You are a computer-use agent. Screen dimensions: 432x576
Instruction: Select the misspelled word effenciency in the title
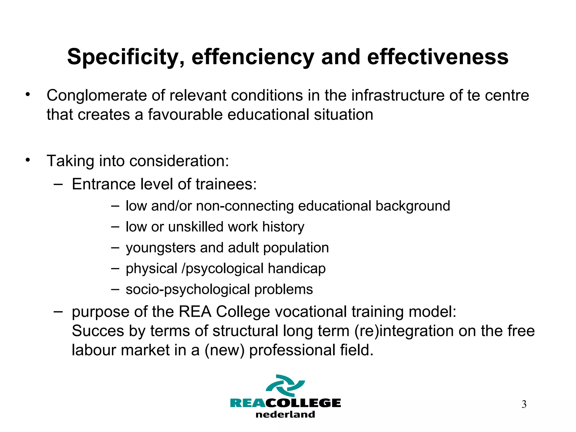pos(253,57)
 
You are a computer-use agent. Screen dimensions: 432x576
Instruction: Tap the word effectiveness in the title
pos(438,57)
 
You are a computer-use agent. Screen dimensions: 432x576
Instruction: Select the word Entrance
pos(103,184)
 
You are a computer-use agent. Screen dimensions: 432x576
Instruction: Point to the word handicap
pos(296,269)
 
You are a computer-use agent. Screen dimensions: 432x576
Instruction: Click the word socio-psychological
pos(188,289)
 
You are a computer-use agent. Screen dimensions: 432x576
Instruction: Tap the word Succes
pos(98,331)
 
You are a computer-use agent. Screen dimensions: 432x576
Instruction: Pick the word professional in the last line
pos(292,350)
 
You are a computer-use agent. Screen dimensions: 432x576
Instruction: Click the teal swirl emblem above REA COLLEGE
pos(285,385)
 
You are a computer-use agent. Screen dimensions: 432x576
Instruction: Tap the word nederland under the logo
pos(285,415)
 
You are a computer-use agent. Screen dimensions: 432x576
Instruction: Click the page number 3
pos(524,404)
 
